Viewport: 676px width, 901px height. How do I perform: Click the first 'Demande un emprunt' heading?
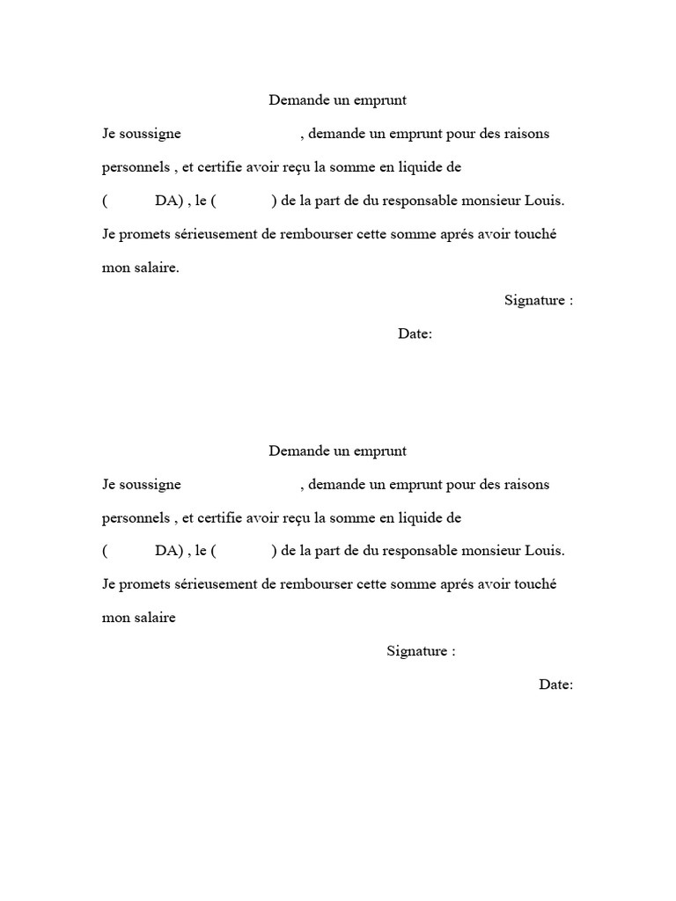(337, 100)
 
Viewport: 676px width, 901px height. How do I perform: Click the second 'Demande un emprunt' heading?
(337, 451)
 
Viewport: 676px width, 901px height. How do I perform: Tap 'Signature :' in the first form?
(539, 300)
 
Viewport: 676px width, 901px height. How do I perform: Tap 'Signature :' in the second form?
(421, 651)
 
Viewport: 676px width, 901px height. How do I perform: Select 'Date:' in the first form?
(415, 334)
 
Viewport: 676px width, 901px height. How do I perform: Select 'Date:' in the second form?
(556, 685)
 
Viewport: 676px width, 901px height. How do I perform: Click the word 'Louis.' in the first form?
(545, 201)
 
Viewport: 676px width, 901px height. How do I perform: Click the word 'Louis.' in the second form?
(545, 552)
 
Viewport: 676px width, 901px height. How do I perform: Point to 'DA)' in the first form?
(168, 201)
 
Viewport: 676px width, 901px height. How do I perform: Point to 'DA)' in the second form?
(168, 552)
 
